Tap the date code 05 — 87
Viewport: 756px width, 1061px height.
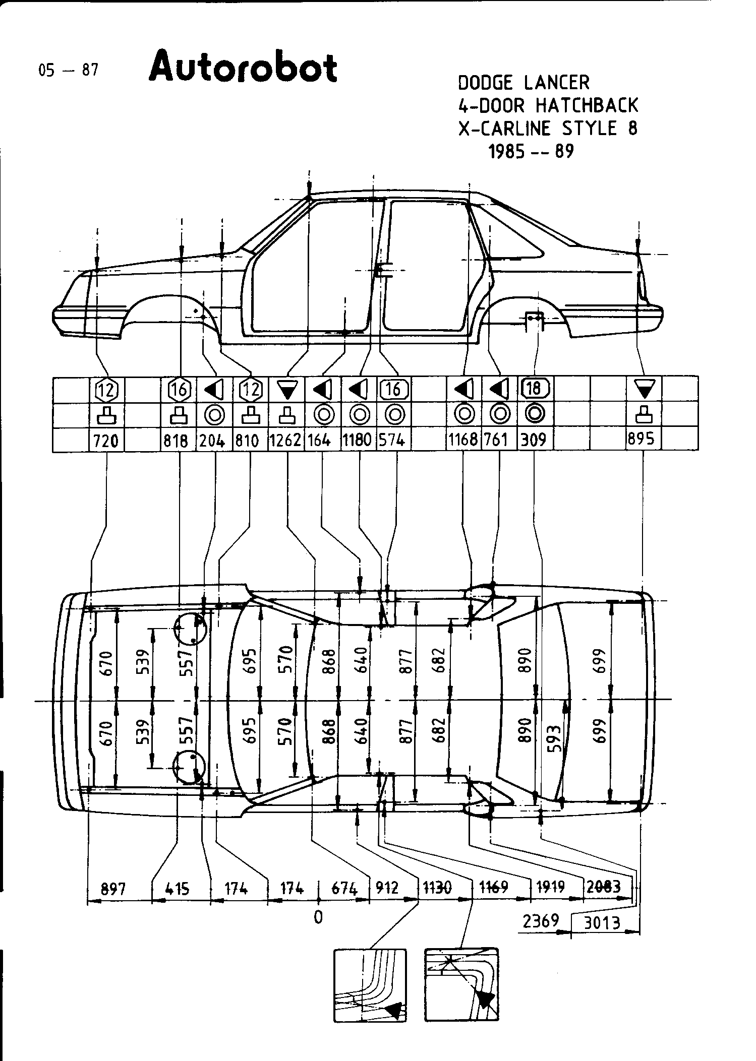pos(68,70)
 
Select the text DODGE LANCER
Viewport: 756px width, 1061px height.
pos(524,83)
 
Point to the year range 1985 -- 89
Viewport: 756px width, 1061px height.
pos(531,151)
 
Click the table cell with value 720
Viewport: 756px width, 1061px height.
pos(106,441)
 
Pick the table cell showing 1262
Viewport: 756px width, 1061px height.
pos(286,440)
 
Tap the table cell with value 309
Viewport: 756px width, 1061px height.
pos(534,440)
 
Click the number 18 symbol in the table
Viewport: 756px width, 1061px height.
pos(534,388)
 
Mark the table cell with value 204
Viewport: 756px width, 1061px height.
pos(211,441)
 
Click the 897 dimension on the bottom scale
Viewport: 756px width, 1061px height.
pos(113,889)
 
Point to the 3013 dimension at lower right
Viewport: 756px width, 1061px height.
pos(602,922)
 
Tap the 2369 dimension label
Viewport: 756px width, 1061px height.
pos(541,921)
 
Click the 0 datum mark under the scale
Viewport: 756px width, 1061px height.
pos(318,917)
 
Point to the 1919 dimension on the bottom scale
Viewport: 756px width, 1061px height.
pos(551,887)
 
